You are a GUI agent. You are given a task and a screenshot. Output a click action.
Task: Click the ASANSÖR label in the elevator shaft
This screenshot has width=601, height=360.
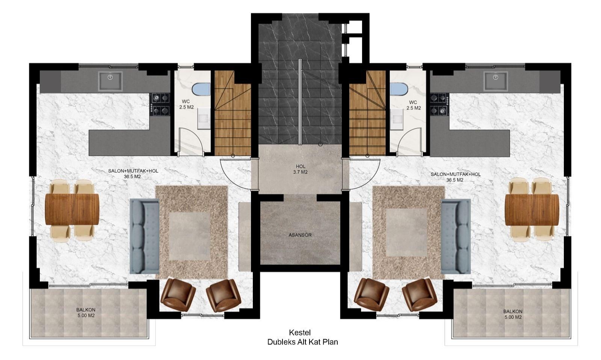(300, 235)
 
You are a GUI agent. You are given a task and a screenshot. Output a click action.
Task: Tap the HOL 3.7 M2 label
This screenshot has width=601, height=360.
(300, 169)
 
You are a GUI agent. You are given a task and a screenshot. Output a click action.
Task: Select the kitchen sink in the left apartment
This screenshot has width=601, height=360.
(110, 81)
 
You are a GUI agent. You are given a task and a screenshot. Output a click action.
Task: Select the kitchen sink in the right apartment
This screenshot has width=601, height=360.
(495, 81)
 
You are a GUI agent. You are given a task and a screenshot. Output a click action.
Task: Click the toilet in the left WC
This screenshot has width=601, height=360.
(201, 89)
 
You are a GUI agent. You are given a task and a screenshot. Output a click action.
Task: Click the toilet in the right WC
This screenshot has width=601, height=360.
(399, 89)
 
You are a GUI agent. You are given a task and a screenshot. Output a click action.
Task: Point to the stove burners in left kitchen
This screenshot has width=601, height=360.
(160, 104)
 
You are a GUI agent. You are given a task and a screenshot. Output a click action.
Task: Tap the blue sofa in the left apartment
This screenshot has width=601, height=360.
(144, 236)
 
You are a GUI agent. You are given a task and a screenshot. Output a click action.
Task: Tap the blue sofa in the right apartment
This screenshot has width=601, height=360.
(456, 236)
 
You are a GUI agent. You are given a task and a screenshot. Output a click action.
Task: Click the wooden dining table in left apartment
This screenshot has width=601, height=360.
(72, 209)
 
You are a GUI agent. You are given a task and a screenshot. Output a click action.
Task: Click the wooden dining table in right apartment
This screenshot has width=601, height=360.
(532, 209)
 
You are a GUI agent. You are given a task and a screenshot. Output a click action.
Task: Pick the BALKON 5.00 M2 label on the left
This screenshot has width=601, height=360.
(86, 313)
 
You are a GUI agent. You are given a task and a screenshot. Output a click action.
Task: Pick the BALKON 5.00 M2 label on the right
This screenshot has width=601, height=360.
(513, 314)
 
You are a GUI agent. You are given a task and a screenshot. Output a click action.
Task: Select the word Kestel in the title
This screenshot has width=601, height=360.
(299, 332)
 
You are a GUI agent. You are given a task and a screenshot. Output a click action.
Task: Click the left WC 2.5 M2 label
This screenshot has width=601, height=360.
(186, 104)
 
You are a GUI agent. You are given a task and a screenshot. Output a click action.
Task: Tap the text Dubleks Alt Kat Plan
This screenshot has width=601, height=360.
(302, 342)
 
